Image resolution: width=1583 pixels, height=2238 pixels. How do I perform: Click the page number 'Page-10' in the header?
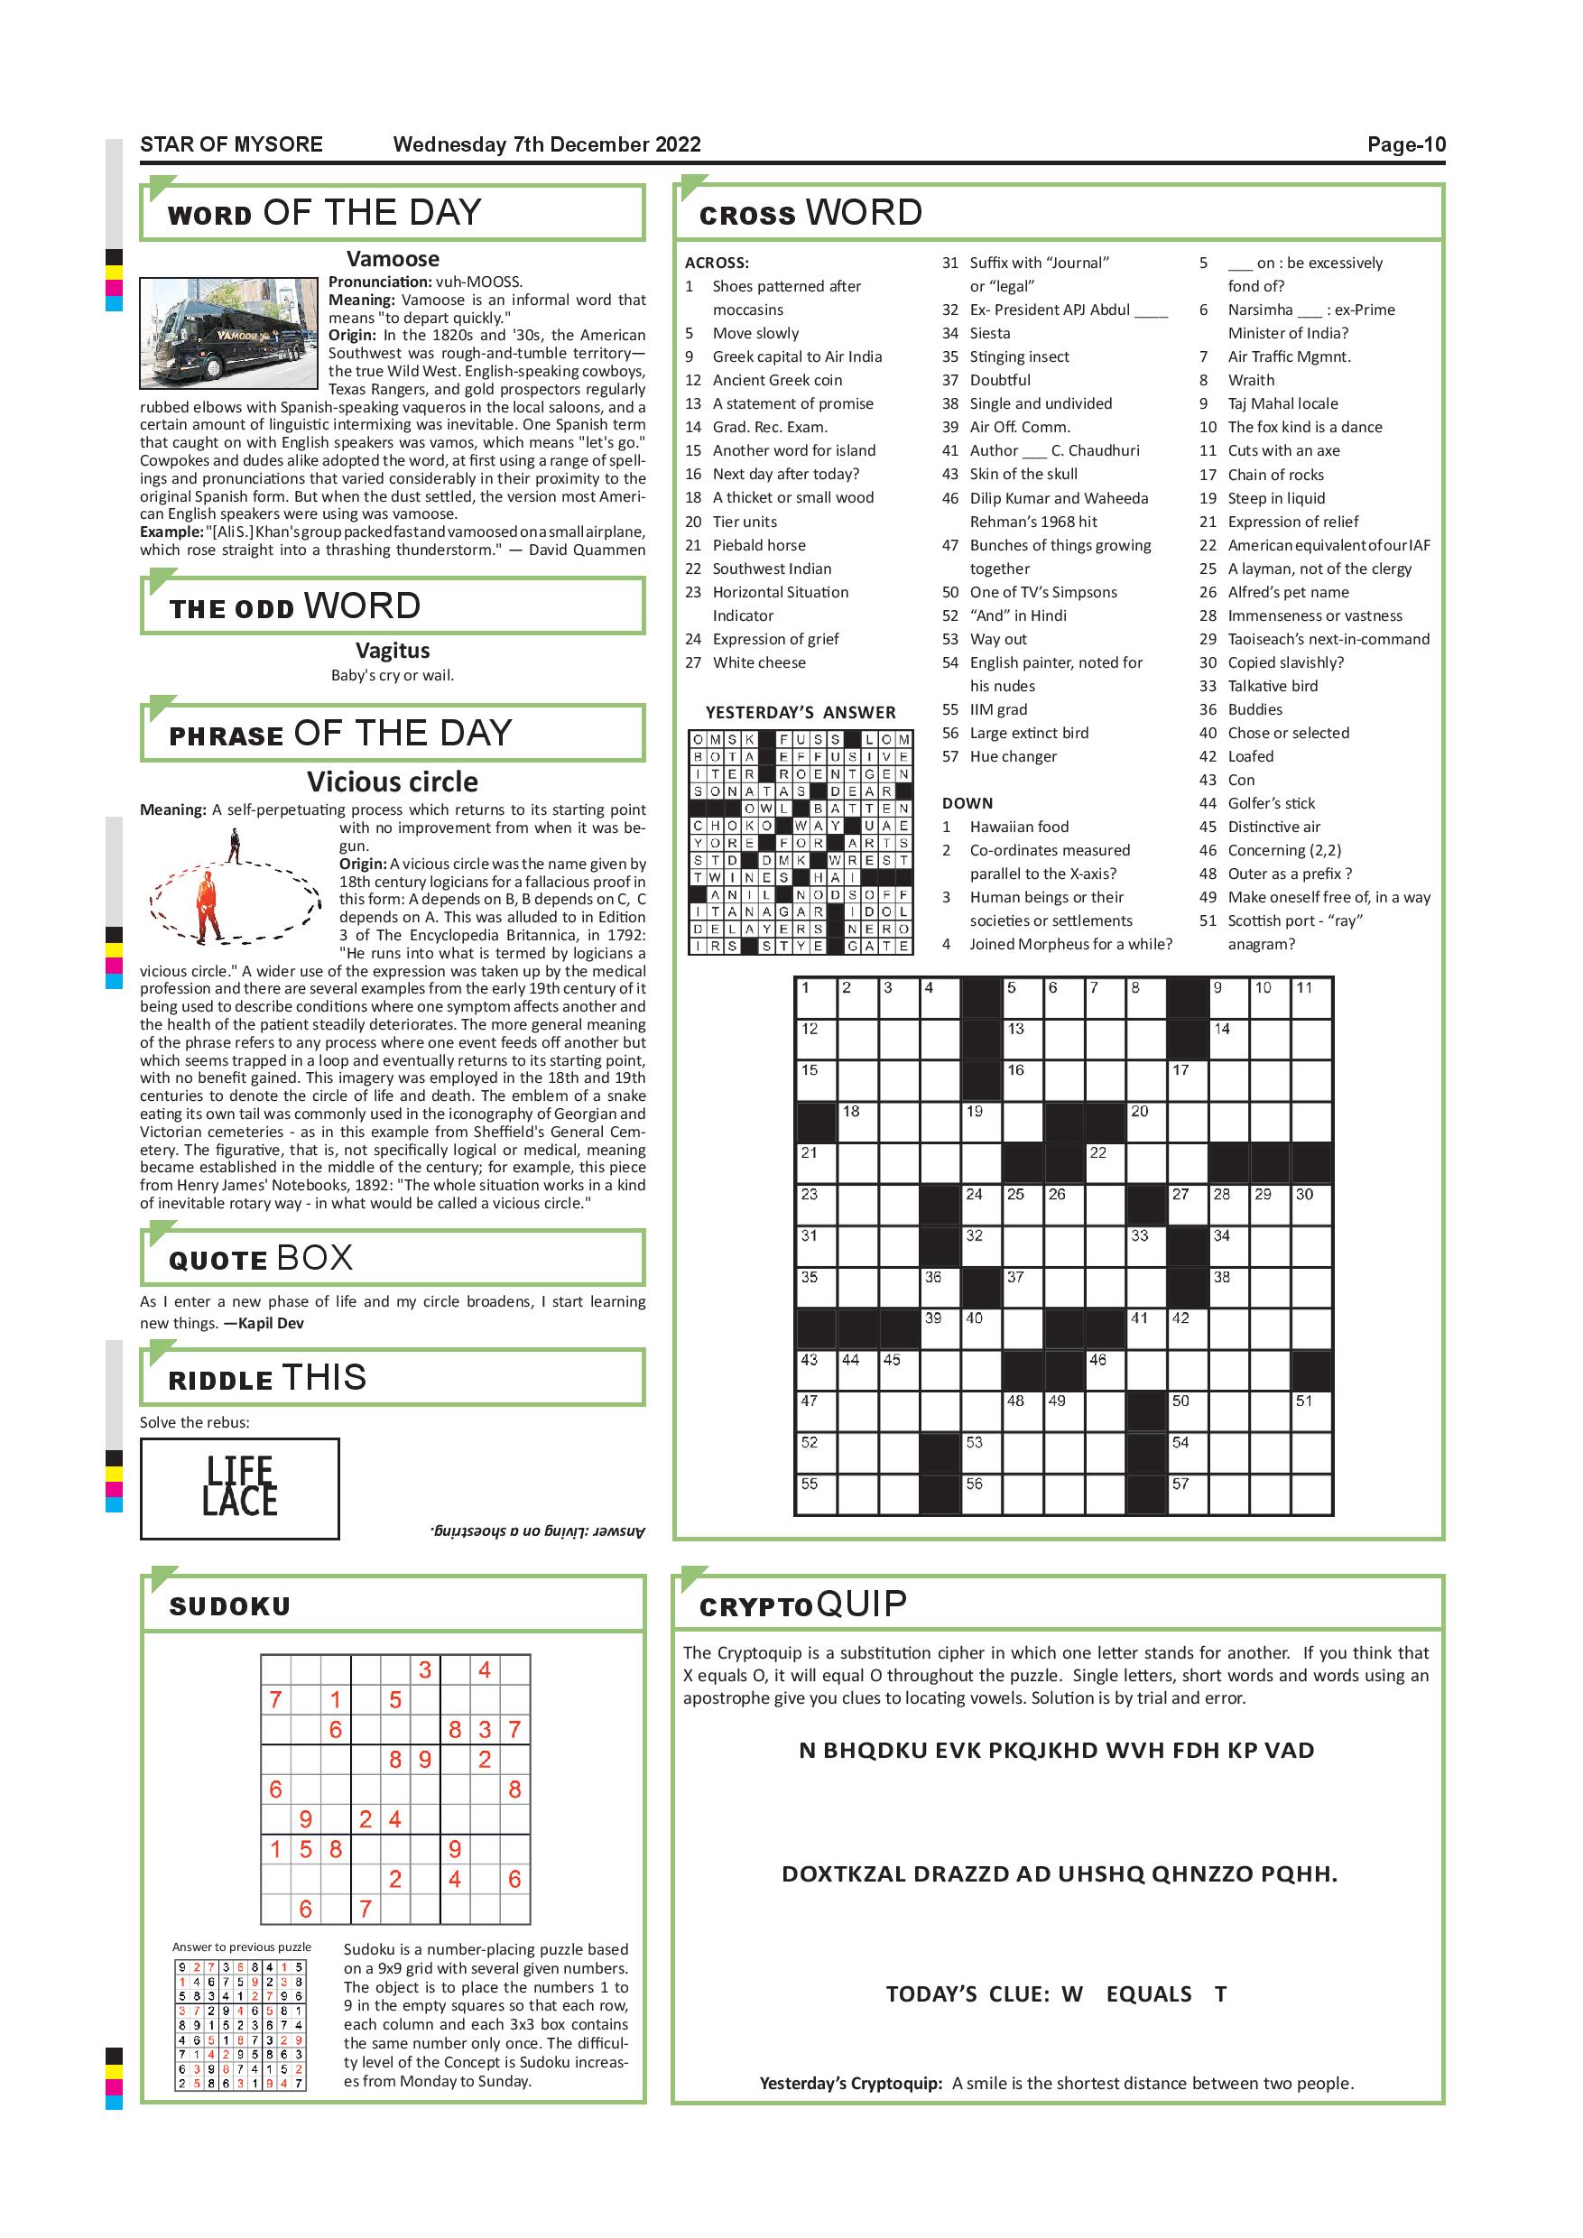tap(1405, 145)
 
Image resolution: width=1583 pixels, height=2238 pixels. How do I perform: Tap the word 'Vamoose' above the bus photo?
tap(393, 259)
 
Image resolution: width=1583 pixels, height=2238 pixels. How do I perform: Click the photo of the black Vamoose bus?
tap(229, 332)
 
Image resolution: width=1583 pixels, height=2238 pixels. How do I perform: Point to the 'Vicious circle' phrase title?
tap(393, 781)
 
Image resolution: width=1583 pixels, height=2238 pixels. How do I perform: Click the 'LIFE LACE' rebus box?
tap(240, 1488)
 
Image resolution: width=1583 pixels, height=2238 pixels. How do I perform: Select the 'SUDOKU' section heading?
tap(230, 1606)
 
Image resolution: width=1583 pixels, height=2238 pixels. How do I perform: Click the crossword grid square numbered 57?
tap(1188, 1494)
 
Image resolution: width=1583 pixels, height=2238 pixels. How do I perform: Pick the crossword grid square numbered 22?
tap(1106, 1162)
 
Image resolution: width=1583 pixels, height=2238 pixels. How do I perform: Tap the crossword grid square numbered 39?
tap(940, 1327)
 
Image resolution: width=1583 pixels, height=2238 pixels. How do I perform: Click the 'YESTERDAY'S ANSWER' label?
tap(801, 713)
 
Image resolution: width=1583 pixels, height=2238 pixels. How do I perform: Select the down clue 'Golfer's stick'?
tap(1271, 803)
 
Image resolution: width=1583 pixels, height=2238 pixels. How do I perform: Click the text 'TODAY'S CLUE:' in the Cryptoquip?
tap(967, 1993)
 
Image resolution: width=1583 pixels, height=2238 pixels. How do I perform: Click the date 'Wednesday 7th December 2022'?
tap(547, 145)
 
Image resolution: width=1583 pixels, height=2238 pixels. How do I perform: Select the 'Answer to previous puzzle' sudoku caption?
tap(242, 1947)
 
